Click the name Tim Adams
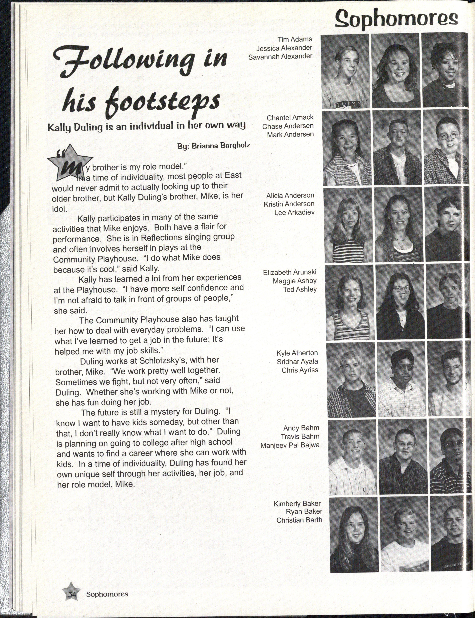click(x=295, y=39)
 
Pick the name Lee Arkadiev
click(x=294, y=213)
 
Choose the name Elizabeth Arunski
click(x=289, y=272)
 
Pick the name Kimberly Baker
click(x=297, y=503)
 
